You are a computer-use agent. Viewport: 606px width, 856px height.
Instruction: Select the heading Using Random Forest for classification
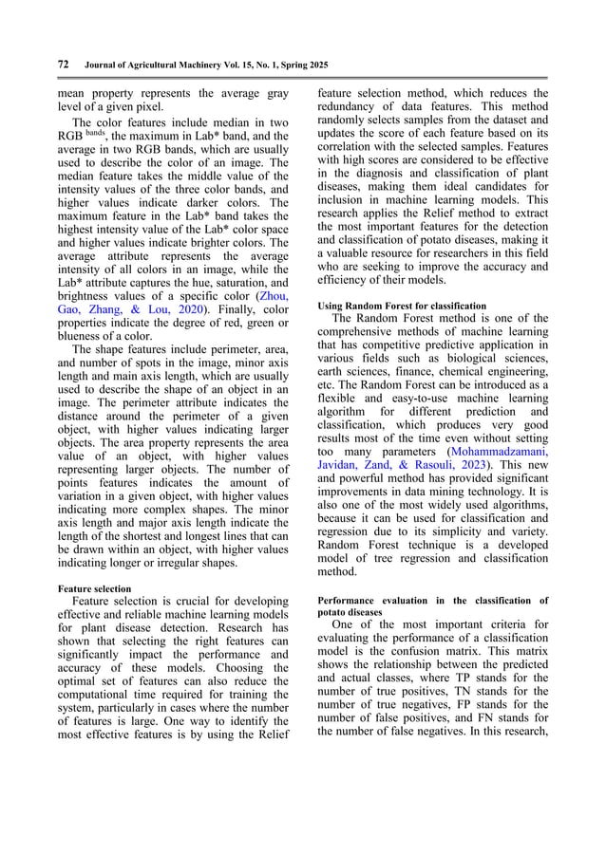(401, 305)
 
